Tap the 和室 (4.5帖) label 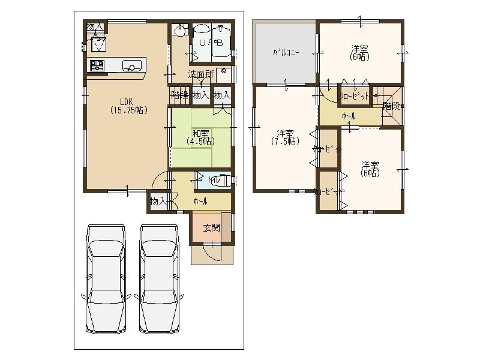(200, 137)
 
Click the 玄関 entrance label (211, 228)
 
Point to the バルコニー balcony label (286, 53)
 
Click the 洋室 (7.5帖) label (285, 137)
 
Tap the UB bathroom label (211, 43)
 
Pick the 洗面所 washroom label (200, 75)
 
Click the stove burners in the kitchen (97, 65)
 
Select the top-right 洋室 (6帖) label (359, 53)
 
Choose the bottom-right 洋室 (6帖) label (369, 169)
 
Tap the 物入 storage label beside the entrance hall (157, 201)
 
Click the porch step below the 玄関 (211, 254)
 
